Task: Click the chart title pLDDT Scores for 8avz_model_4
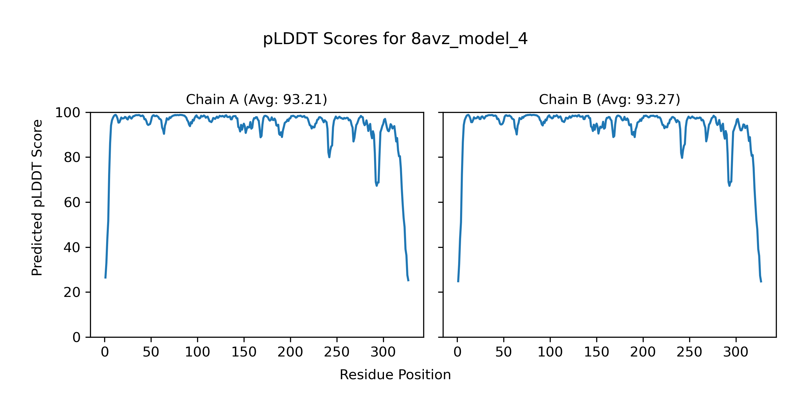point(395,39)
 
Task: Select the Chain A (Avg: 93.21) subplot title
point(256,99)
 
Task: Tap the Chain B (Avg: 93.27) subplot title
point(609,99)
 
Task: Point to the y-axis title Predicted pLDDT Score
point(37,197)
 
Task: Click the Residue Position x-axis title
point(395,375)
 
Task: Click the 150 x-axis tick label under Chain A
point(244,352)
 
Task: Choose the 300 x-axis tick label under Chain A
point(383,352)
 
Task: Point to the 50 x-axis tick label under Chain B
point(504,352)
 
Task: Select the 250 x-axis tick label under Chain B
point(689,352)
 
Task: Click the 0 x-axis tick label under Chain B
point(457,352)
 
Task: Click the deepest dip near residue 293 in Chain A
point(377,186)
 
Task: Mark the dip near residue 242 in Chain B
point(682,158)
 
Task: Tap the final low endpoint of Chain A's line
point(408,281)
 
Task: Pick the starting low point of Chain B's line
point(458,282)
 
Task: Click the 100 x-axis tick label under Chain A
point(197,352)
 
